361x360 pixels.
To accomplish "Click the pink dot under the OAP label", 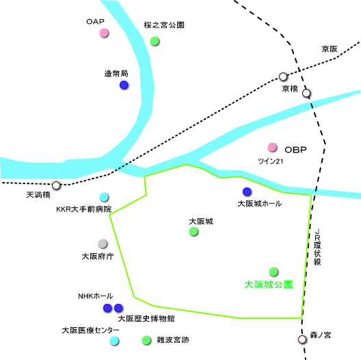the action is point(104,33).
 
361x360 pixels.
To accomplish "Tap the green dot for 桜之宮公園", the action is point(155,41).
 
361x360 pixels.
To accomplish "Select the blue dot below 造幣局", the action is point(124,85).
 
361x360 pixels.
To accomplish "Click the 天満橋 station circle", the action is point(56,185).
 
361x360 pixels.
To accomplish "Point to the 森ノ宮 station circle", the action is point(302,339).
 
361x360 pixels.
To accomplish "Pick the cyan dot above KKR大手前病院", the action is point(104,197).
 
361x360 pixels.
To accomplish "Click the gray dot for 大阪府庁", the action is point(103,244).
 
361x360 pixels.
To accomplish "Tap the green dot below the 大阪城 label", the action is point(193,231).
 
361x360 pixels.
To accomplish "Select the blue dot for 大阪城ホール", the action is point(247,192).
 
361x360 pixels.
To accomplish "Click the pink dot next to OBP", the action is point(272,147).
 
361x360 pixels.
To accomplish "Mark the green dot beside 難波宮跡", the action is point(146,340).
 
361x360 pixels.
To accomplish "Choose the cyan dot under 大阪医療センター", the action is point(114,341).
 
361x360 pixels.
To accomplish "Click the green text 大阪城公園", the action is point(269,285).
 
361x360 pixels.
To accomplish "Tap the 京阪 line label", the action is point(330,49).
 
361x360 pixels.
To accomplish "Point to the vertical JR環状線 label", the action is point(317,247).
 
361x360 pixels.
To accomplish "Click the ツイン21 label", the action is point(270,161).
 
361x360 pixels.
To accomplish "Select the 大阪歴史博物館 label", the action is point(146,318).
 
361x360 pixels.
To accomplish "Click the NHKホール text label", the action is point(96,296).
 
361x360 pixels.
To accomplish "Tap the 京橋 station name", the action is point(290,88).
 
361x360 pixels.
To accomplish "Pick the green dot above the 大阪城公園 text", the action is point(273,272).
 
